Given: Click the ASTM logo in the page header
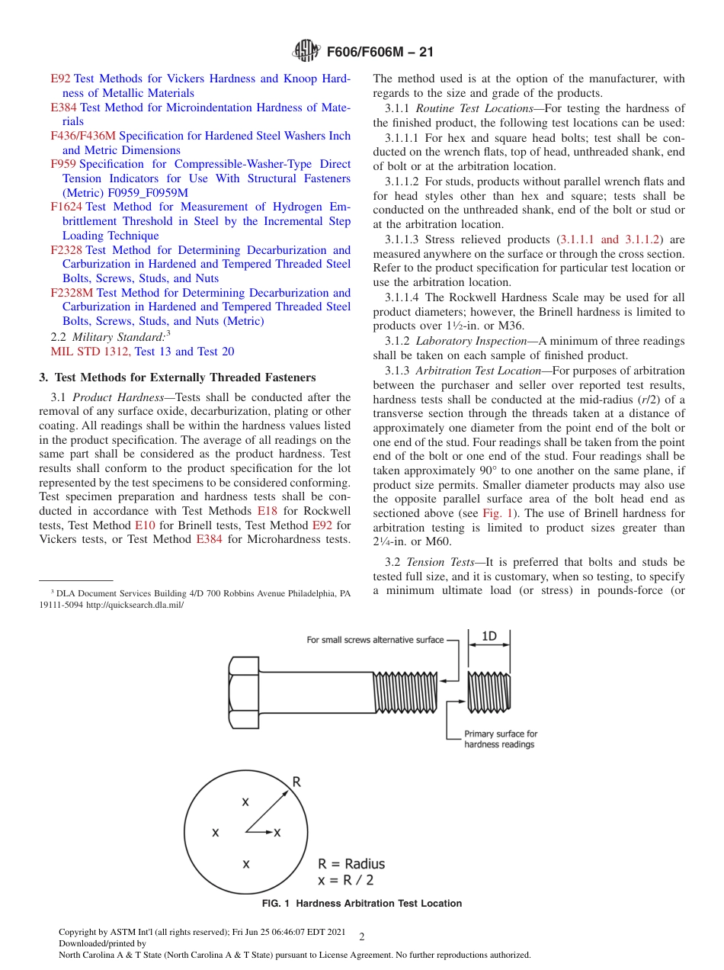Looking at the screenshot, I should pos(306,52).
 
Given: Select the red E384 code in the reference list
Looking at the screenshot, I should pos(63,108).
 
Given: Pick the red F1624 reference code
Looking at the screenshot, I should pos(66,207).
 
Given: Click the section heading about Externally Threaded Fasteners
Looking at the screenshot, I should pos(177,377).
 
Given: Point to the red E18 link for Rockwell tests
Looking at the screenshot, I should pos(267,511).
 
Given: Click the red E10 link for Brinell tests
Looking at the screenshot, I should pos(144,525).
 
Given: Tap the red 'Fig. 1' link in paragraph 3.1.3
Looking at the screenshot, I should pos(496,513).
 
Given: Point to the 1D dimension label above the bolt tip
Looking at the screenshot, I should pos(489,637).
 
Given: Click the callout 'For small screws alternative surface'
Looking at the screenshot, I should pos(375,640).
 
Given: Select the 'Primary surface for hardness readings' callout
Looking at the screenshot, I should pos(501,739).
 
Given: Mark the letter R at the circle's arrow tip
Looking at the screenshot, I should pos(296,782).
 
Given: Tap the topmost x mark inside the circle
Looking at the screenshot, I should pos(245,801).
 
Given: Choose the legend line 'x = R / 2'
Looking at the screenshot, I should pos(346,880).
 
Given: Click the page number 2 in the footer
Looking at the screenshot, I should pos(361,936).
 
